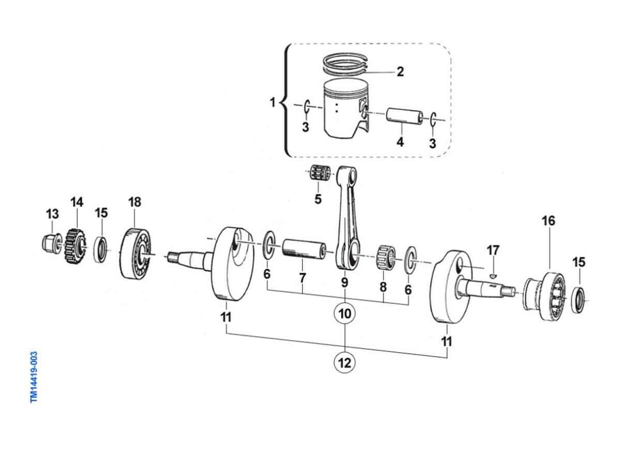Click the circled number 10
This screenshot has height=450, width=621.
click(345, 314)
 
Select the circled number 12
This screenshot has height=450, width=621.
click(345, 362)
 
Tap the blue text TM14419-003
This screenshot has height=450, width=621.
click(34, 377)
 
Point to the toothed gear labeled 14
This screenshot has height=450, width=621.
click(75, 246)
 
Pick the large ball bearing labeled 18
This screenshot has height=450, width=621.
click(135, 253)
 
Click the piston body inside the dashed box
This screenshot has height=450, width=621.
click(346, 108)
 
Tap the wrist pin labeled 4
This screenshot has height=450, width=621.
click(405, 115)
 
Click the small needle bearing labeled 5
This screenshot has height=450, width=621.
click(320, 173)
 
